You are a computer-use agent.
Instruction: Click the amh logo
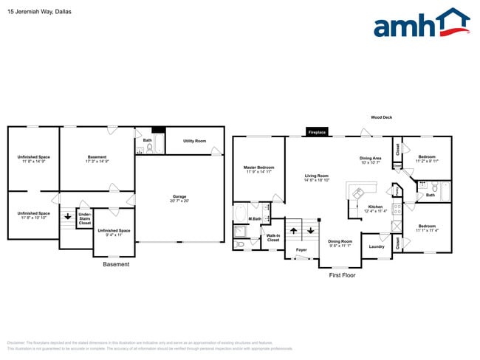pyautogui.click(x=421, y=24)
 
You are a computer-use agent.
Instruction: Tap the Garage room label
pyautogui.click(x=179, y=197)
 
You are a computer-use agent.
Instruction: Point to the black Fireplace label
pyautogui.click(x=316, y=133)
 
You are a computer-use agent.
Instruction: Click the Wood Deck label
pyautogui.click(x=383, y=117)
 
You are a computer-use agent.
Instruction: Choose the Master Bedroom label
pyautogui.click(x=259, y=167)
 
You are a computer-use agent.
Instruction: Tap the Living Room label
pyautogui.click(x=316, y=176)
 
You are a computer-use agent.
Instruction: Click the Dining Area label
pyautogui.click(x=370, y=158)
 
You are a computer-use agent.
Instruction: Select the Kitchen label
pyautogui.click(x=375, y=207)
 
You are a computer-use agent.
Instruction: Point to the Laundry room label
pyautogui.click(x=377, y=246)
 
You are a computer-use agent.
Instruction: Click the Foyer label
pyautogui.click(x=301, y=250)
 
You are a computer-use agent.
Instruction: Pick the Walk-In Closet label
pyautogui.click(x=273, y=238)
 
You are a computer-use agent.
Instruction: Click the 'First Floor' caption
pyautogui.click(x=342, y=274)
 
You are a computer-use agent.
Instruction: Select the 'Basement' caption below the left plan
pyautogui.click(x=116, y=264)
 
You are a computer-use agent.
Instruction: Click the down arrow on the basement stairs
pyautogui.click(x=67, y=216)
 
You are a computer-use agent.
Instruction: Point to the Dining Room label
pyautogui.click(x=340, y=241)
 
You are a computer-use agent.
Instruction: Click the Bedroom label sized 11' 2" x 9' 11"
pyautogui.click(x=427, y=156)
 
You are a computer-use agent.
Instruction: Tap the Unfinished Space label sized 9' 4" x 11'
pyautogui.click(x=114, y=231)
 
